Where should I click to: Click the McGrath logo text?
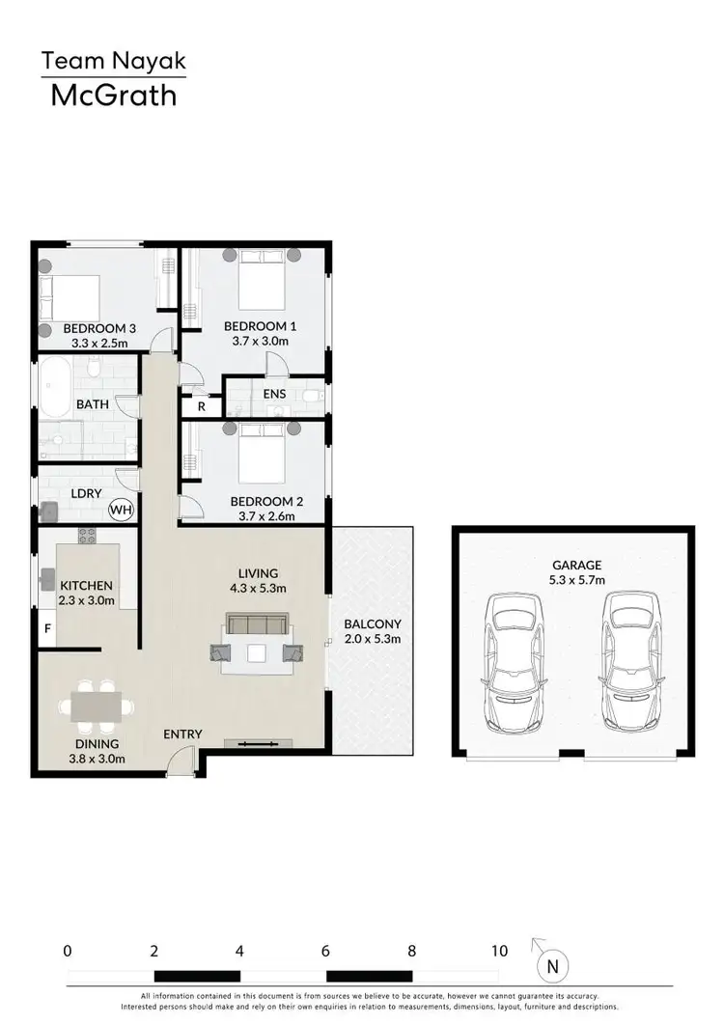(x=113, y=95)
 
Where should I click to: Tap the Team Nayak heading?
(x=113, y=63)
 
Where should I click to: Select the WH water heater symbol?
(x=122, y=509)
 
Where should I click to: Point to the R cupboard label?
(x=201, y=406)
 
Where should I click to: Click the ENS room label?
(x=273, y=395)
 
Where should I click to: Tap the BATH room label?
(x=93, y=404)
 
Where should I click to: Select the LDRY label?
(x=87, y=493)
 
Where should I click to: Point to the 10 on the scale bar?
(x=499, y=951)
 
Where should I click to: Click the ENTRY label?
(x=182, y=734)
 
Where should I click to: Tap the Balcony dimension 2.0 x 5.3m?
(x=372, y=638)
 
